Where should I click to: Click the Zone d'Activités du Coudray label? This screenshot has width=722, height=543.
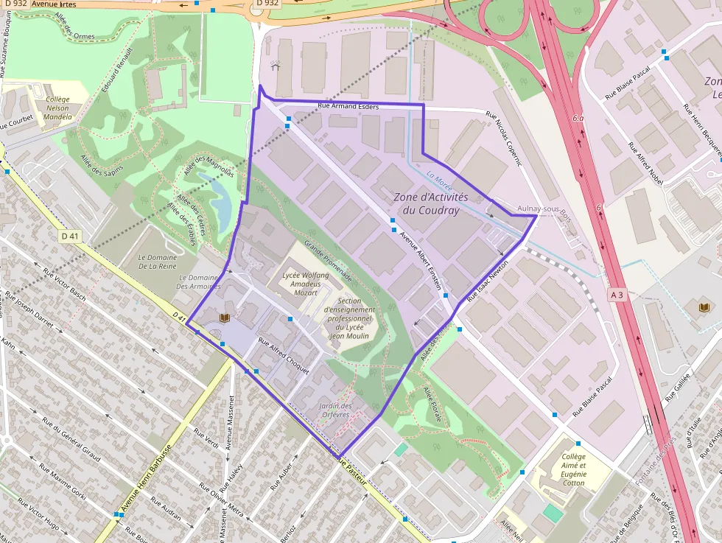[x=431, y=204]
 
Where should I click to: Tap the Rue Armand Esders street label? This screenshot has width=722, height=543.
[x=348, y=107]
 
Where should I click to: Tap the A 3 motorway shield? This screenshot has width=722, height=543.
[x=617, y=294]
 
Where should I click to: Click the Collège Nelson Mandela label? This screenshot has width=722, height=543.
[x=57, y=108]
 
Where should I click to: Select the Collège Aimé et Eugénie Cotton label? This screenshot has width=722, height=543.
[x=572, y=469]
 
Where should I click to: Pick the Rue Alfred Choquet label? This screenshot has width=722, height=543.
[x=283, y=355]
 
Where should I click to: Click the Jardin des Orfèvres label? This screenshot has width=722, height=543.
[x=336, y=410]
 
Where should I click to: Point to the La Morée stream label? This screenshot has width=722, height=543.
[x=438, y=178]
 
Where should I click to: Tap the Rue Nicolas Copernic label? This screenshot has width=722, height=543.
[x=503, y=138]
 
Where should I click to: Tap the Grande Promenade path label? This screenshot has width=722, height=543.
[x=328, y=263]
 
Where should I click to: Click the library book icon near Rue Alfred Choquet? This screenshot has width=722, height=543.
[x=225, y=318]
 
